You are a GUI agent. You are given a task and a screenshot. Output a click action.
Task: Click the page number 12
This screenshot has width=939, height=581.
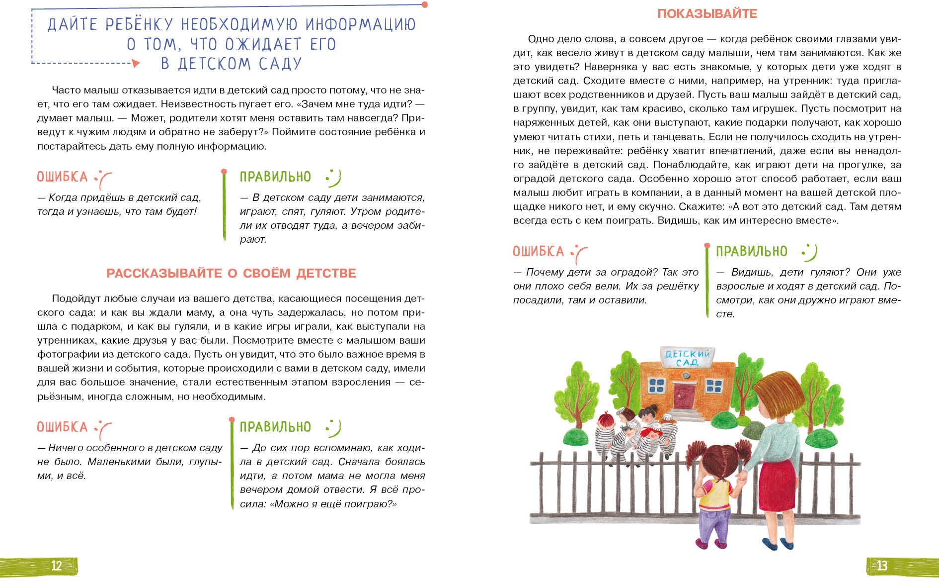pyautogui.click(x=56, y=566)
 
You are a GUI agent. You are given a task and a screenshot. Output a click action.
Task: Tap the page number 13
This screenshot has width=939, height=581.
pyautogui.click(x=882, y=566)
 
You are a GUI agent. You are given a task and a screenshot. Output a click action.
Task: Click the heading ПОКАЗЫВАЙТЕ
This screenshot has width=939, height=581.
pyautogui.click(x=707, y=14)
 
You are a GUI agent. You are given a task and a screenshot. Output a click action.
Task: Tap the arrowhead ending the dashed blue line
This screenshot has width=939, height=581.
pyautogui.click(x=136, y=63)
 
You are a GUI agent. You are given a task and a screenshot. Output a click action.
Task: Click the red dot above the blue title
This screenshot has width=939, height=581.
pyautogui.click(x=425, y=4)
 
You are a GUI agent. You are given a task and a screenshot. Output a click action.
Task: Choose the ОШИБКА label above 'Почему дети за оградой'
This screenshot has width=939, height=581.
pyautogui.click(x=538, y=252)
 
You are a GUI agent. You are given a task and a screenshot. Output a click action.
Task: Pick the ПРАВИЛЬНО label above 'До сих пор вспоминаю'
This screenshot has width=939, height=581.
pyautogui.click(x=275, y=427)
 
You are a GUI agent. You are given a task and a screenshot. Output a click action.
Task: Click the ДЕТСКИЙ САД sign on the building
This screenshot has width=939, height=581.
pyautogui.click(x=687, y=357)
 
